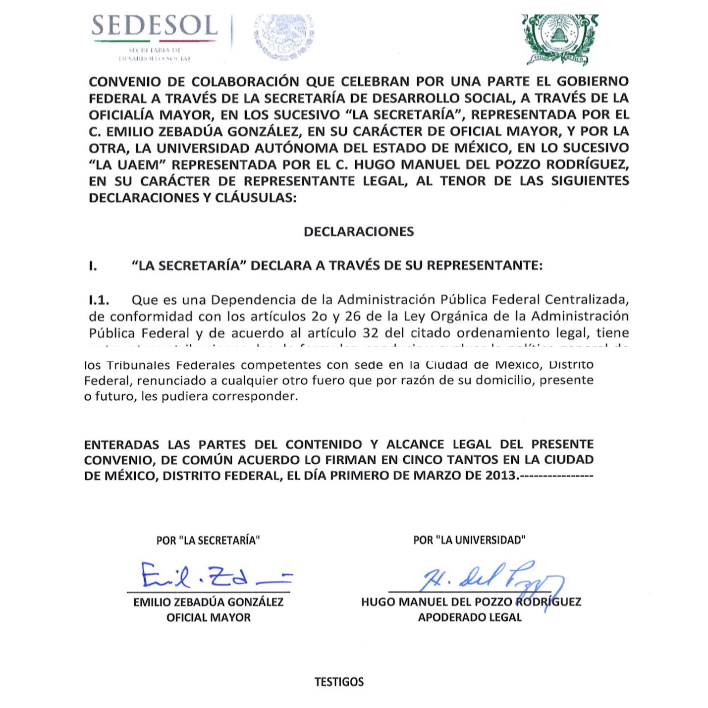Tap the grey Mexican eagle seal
click(x=284, y=37)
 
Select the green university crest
click(x=560, y=39)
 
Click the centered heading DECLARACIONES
click(x=359, y=232)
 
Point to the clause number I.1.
click(x=99, y=300)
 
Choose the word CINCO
click(x=419, y=460)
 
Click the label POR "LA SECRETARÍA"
click(x=208, y=540)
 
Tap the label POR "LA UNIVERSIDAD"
click(x=469, y=540)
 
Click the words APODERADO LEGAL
click(x=470, y=617)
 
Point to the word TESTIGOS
click(x=339, y=682)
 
